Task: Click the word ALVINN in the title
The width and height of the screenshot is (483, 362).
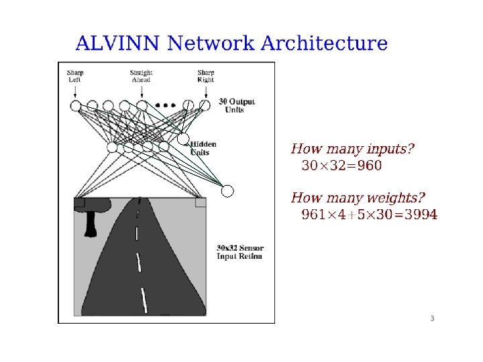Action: click(x=117, y=44)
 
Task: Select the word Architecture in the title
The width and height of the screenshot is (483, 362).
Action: click(x=323, y=44)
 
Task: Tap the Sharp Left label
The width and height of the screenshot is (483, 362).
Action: click(x=74, y=76)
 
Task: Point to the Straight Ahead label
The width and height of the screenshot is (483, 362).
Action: click(x=141, y=76)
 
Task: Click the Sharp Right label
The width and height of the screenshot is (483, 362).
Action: click(x=205, y=76)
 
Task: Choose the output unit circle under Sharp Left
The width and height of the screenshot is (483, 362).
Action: click(x=76, y=106)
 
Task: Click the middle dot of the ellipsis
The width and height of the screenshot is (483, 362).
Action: click(x=166, y=105)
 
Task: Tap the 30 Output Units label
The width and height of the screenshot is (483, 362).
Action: click(x=236, y=105)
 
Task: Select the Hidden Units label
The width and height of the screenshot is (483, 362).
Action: click(x=203, y=148)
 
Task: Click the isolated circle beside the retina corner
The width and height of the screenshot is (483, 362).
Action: click(x=227, y=191)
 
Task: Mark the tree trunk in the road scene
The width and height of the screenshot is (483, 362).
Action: click(x=89, y=225)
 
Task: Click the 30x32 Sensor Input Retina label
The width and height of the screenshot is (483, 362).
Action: click(x=239, y=251)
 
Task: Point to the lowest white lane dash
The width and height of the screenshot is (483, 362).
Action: click(x=144, y=300)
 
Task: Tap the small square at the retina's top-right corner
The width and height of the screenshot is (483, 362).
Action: click(x=200, y=202)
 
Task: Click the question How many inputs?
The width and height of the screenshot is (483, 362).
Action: click(x=352, y=149)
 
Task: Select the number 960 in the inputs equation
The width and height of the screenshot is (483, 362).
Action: click(x=368, y=166)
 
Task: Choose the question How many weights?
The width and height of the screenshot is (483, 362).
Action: click(x=358, y=198)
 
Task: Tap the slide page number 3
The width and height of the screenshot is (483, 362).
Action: click(x=433, y=318)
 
